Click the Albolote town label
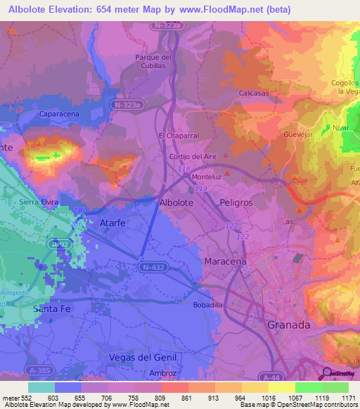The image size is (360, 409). (x=176, y=202)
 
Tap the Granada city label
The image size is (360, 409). (x=289, y=325)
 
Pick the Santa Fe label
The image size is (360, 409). (x=59, y=309)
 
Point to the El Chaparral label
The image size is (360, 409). (x=176, y=135)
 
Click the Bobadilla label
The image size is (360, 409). (x=208, y=306)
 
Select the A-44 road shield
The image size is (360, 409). (x=269, y=377)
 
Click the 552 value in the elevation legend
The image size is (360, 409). (x=25, y=398)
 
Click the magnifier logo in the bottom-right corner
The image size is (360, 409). (x=327, y=374)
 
